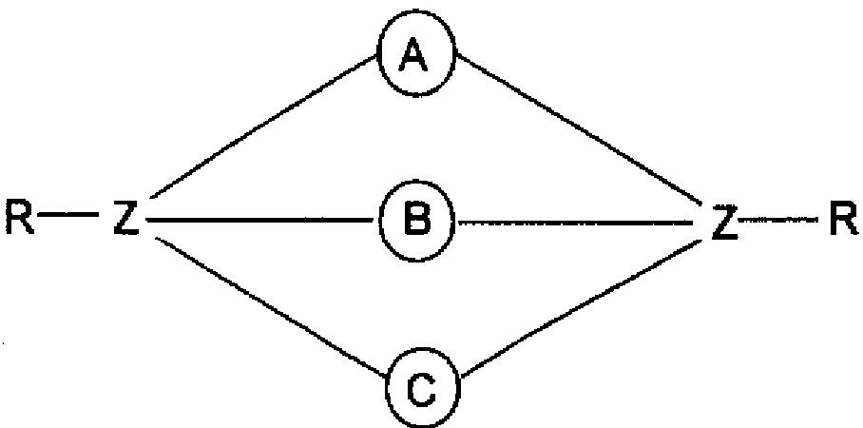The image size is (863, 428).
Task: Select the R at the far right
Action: pos(841,220)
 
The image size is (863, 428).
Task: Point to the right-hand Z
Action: pos(724,221)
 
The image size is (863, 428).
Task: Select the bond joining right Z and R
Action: pos(782,220)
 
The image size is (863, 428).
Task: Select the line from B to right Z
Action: pos(580,222)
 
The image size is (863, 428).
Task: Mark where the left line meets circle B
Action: pos(381,221)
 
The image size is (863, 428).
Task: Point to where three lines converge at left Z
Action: pos(145,220)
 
